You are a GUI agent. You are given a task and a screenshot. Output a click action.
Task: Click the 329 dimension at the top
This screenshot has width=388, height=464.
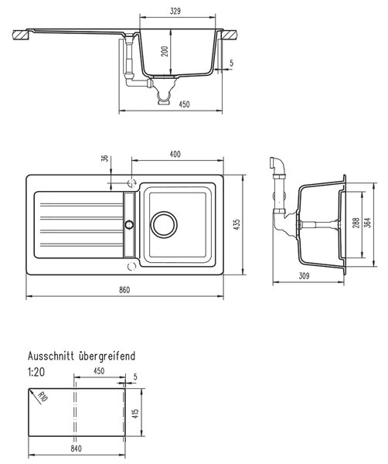coord(175,12)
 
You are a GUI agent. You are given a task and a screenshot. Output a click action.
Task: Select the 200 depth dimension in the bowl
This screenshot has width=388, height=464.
coord(165,52)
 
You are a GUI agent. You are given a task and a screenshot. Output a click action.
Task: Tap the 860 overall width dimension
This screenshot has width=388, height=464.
coord(124,290)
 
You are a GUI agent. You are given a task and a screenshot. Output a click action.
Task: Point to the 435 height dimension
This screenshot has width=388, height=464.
coord(237,224)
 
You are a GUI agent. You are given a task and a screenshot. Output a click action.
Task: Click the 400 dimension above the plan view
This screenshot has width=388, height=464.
coord(175,154)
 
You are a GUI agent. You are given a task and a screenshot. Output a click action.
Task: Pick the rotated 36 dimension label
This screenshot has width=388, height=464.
coord(104,159)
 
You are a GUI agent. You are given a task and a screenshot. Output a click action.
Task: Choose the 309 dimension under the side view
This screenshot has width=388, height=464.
coord(304,276)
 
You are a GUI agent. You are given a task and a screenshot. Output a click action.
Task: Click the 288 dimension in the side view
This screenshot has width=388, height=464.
coord(356,223)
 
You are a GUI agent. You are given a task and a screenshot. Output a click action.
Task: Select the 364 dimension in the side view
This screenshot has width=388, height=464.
coord(368,223)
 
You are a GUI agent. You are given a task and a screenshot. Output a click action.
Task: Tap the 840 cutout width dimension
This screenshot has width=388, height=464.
coord(76,449)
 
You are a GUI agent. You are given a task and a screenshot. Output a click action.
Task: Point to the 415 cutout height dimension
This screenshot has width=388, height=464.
coord(135,414)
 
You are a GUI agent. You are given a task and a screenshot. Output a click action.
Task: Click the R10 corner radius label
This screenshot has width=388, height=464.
coord(43,397)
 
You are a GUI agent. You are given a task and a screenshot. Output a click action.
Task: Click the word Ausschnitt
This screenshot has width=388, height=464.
coord(51,356)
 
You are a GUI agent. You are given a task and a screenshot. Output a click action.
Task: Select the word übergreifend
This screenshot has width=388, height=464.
coord(107,356)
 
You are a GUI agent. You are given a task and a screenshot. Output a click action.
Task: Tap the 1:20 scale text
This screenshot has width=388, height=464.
coord(36,372)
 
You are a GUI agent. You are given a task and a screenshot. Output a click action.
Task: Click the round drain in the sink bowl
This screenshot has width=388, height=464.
coord(164,224)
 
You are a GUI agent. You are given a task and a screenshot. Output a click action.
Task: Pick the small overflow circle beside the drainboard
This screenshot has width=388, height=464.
coord(129,224)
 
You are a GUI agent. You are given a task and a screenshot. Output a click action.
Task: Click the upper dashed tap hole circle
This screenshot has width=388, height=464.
coord(131,183)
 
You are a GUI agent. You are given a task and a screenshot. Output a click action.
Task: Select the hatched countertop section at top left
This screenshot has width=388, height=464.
coord(21,35)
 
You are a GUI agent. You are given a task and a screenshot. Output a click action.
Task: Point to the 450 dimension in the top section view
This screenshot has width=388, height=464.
coord(184,104)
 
